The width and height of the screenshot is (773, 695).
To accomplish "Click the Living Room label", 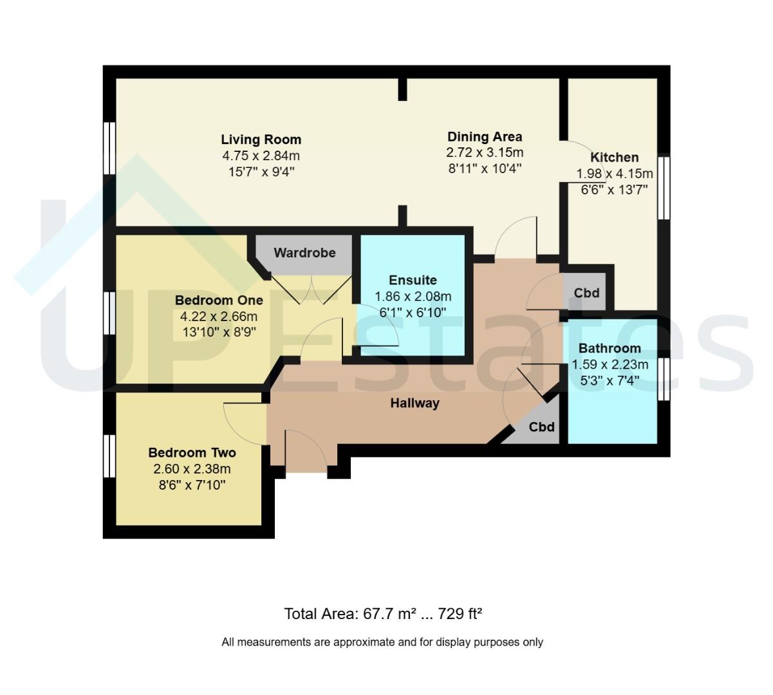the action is (x=261, y=139).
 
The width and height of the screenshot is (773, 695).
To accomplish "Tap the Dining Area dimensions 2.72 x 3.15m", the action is (x=485, y=153).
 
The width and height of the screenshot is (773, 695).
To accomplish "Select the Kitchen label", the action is (x=614, y=157).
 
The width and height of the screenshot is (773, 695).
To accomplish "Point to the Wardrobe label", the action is (x=304, y=253).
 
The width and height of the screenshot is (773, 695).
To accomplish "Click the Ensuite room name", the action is (x=413, y=280).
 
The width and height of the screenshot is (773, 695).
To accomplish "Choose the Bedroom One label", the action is (x=219, y=301).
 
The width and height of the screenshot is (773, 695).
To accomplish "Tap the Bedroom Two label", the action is (x=192, y=452).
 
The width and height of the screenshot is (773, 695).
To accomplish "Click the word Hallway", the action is (x=414, y=403).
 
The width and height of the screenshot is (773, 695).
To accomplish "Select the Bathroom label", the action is (x=610, y=348).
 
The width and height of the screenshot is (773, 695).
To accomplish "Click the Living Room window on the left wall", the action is (x=109, y=149).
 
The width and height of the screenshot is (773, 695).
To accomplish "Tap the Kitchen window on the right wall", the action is (x=664, y=188).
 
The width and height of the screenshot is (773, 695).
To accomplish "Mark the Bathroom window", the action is (x=664, y=380).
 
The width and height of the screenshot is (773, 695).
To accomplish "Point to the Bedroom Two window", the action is (x=109, y=456).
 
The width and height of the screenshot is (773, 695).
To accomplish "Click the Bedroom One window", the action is (x=109, y=313).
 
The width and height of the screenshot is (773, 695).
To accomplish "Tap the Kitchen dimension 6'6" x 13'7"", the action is (x=614, y=190).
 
